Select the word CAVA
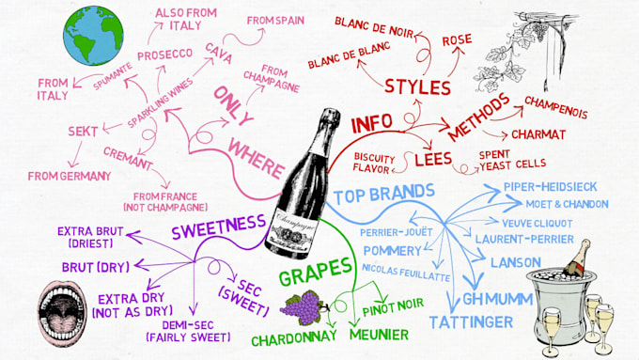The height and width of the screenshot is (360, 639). click(x=218, y=48)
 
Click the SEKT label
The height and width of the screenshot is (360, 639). click(x=85, y=131)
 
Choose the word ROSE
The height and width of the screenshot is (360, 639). click(x=457, y=40)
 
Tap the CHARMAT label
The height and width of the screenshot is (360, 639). click(x=540, y=134)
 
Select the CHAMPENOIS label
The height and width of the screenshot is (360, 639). click(x=555, y=112)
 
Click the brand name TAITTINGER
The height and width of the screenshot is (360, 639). click(x=471, y=322)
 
